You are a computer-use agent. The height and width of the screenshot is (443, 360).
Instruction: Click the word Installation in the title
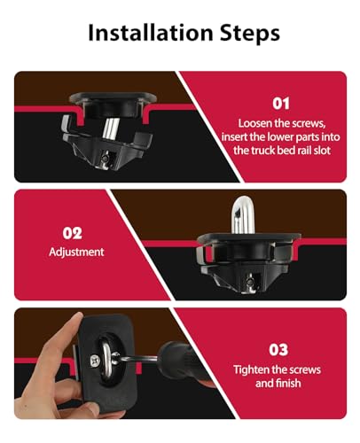point(151,32)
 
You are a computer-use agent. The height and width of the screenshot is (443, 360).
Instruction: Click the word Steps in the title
point(250,33)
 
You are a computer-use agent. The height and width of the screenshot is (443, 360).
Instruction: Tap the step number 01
point(281,104)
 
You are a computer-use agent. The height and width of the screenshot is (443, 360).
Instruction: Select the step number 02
point(72,233)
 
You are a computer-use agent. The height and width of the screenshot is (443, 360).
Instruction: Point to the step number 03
point(278,350)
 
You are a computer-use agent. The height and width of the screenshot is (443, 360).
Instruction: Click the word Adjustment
point(76,252)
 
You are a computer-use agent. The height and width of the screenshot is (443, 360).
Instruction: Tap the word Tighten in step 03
point(251,370)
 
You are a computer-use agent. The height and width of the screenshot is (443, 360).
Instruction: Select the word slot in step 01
point(322,151)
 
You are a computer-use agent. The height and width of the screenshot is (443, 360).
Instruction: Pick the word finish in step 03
point(288,384)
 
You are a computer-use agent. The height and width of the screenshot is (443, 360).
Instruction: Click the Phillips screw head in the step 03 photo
point(96,361)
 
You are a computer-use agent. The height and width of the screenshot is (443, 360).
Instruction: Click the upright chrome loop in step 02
point(242,214)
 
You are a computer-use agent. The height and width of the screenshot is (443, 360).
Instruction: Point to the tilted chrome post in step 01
point(111,128)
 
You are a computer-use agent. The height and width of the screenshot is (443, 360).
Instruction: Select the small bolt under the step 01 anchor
point(105,158)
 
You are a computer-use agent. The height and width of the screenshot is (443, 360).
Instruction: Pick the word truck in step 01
point(262,151)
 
